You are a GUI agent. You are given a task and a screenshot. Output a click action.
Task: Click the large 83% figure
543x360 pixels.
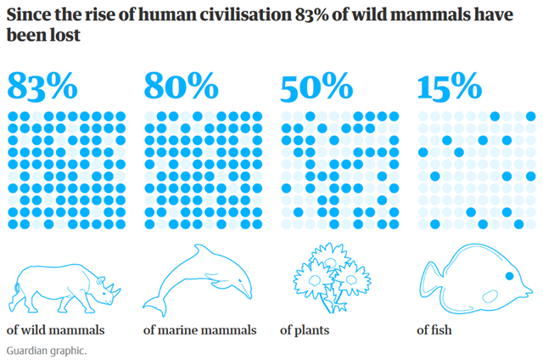click(x=42, y=87)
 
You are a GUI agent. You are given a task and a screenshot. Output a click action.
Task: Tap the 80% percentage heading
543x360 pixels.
click(x=180, y=87)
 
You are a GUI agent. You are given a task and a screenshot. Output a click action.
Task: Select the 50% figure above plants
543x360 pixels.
click(x=316, y=87)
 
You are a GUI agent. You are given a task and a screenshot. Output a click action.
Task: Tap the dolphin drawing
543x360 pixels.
click(x=199, y=280)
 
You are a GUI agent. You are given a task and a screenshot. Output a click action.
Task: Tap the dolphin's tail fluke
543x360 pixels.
click(x=154, y=304)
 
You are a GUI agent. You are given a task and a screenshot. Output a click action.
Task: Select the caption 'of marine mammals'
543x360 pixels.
click(x=199, y=330)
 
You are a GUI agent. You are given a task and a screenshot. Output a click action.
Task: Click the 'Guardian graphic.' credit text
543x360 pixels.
click(x=46, y=350)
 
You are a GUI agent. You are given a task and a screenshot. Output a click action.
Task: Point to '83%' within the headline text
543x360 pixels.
click(x=312, y=15)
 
